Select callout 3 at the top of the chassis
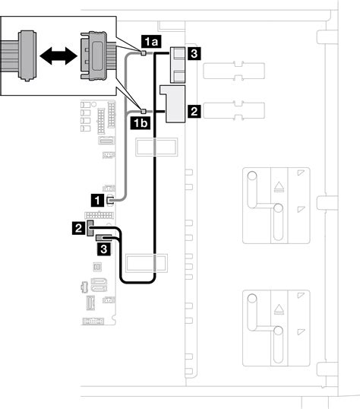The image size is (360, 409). (x=194, y=54)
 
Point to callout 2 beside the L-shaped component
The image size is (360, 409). (x=194, y=111)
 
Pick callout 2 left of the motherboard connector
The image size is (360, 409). (x=79, y=227)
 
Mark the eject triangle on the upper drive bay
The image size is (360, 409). (x=279, y=187)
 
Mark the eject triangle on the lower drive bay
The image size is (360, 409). (x=279, y=309)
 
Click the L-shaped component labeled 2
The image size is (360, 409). (x=173, y=103)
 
